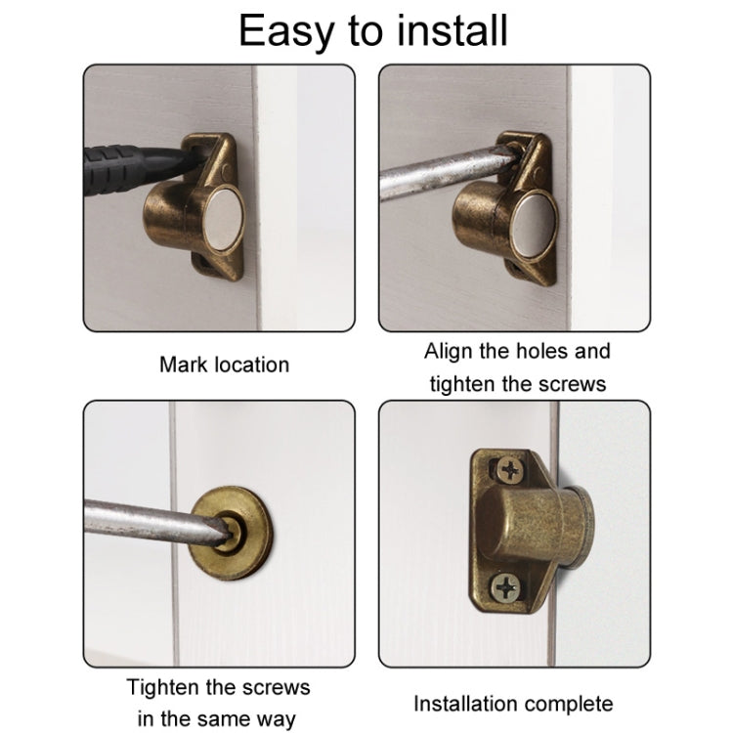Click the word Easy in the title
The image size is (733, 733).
(285, 32)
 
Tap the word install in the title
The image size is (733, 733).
(453, 30)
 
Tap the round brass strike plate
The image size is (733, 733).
(233, 533)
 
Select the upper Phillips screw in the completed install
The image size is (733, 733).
(509, 470)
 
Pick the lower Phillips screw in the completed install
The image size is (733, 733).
(505, 587)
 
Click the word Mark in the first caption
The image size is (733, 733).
(183, 365)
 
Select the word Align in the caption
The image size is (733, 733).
(449, 352)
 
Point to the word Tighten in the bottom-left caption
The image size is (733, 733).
(163, 688)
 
